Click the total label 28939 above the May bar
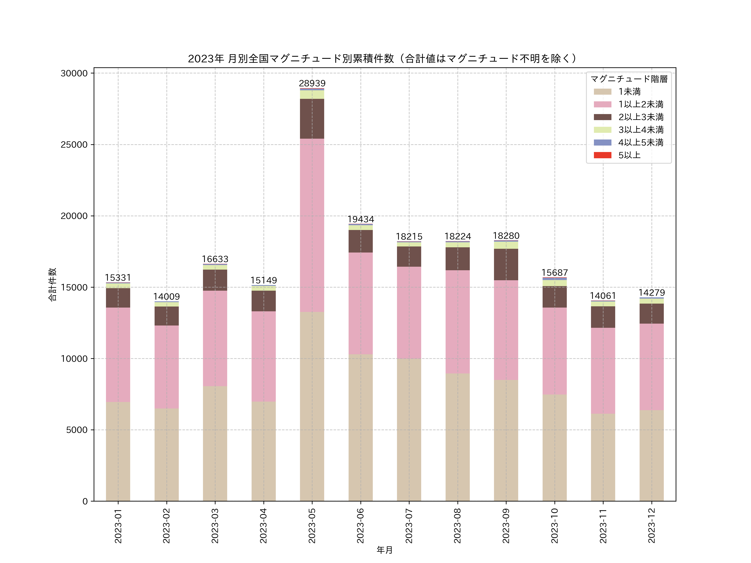[312, 83]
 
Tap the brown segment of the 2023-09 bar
[506, 264]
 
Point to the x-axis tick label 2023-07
[409, 526]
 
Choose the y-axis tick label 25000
[74, 145]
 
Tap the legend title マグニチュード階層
[629, 79]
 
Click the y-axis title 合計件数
[52, 284]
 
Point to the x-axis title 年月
[385, 550]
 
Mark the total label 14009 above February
[166, 297]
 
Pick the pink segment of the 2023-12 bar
[651, 367]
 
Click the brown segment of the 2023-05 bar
[312, 119]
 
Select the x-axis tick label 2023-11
[603, 526]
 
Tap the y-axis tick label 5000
[77, 430]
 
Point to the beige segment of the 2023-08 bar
[457, 437]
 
